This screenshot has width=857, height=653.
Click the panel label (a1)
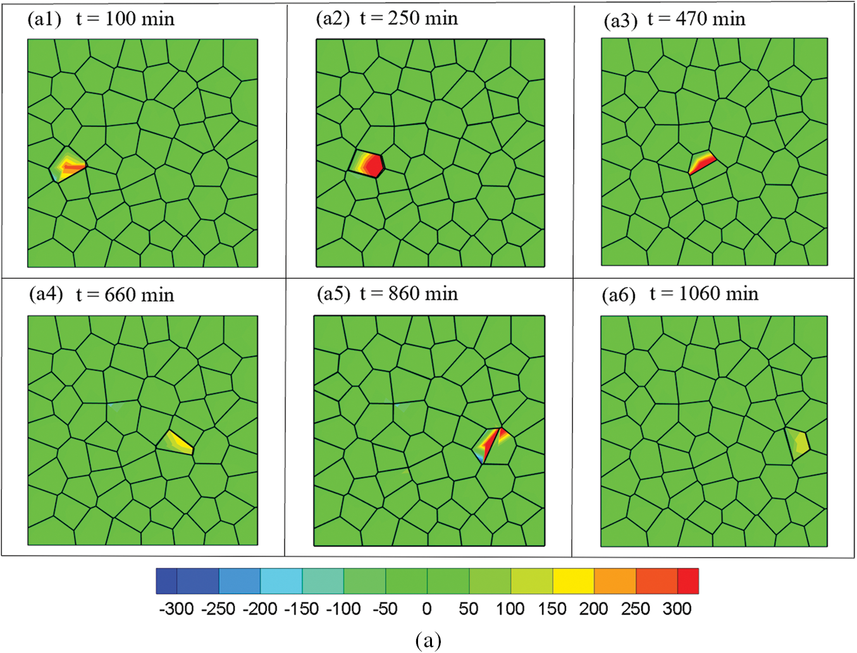[44, 19]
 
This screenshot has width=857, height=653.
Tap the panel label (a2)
[333, 18]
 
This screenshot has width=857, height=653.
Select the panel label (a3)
[620, 20]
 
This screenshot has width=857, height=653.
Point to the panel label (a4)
[46, 295]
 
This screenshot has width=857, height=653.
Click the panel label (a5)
[333, 294]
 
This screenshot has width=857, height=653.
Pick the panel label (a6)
[619, 295]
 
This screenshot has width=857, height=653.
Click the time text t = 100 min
[125, 19]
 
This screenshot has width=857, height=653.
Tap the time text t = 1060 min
[704, 294]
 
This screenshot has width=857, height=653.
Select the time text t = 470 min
[696, 20]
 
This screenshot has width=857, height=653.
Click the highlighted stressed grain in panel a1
[68, 166]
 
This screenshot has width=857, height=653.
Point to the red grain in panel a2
[369, 164]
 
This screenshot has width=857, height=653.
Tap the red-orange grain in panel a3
[701, 162]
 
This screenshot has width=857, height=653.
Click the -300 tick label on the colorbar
[176, 609]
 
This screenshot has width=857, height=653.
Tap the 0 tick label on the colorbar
[427, 609]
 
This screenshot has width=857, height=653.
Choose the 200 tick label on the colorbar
[593, 609]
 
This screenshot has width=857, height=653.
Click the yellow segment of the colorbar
[574, 581]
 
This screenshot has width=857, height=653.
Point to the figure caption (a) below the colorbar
[428, 640]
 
